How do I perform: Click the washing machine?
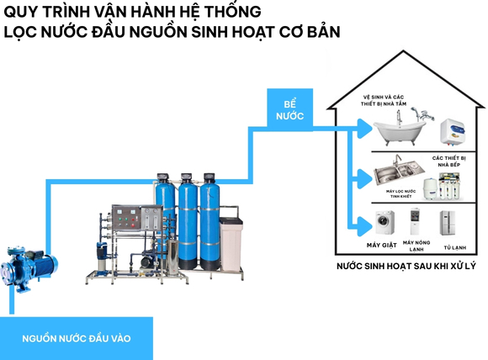(x=384, y=225)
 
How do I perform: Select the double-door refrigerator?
(x=448, y=224)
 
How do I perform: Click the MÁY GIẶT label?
(x=384, y=246)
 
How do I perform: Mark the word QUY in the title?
(x=22, y=12)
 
